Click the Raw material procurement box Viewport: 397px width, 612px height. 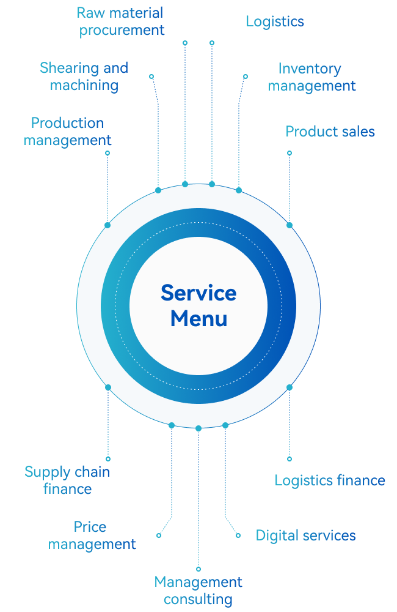120,21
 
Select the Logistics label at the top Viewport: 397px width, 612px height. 275,21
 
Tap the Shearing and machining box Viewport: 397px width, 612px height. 84,76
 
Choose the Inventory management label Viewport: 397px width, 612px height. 312,76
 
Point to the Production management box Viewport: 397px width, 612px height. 67,132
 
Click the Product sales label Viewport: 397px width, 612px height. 330,132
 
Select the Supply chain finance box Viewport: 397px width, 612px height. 67,480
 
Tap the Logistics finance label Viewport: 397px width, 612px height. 330,480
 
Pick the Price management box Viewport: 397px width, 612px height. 92,535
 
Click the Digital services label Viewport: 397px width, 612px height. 305,535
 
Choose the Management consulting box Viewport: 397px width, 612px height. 198,591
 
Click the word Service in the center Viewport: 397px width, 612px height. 198,293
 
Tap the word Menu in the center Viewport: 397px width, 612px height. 198,319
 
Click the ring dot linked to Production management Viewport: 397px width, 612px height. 107,225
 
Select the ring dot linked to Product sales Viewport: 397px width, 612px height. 290,225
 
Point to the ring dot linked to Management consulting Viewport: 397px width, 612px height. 198,428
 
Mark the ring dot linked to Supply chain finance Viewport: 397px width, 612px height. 108,387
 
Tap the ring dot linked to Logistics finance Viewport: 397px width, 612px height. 290,387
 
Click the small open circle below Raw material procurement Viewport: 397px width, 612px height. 185,43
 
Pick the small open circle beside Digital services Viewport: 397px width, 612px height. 238,535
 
